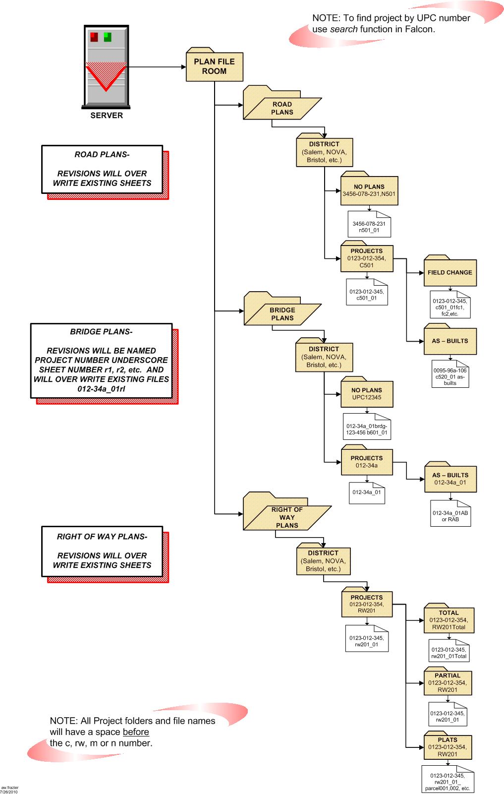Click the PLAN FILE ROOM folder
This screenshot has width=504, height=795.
coord(214,66)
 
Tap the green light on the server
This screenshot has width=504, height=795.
coord(108,37)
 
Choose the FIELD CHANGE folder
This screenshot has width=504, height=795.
coord(449,272)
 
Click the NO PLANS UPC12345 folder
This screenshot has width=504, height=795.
coord(367,394)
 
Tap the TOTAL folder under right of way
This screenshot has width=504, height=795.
coord(448,620)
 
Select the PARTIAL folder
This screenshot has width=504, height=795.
coord(448,683)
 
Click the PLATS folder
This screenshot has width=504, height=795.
coord(448,747)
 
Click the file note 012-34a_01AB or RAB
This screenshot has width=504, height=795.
coord(450,516)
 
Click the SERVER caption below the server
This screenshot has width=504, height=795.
coord(107,116)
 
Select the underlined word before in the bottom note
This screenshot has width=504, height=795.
coord(136,732)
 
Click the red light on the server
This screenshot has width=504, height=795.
coord(94,37)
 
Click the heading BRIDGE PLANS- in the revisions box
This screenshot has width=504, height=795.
coord(101,332)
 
